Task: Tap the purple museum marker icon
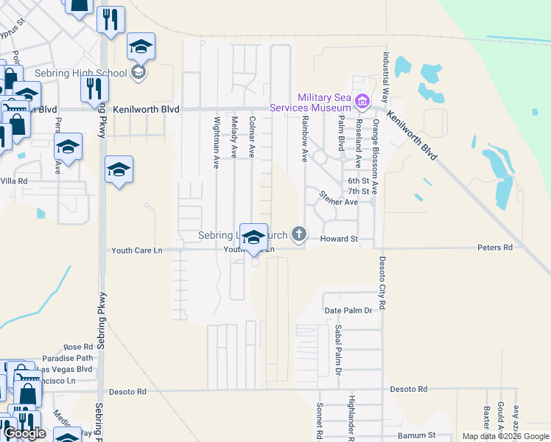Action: pos(362,101)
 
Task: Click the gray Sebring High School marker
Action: pos(138,72)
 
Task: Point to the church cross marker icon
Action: pos(298,234)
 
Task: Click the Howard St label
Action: pos(339,239)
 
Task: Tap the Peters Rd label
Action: pos(494,248)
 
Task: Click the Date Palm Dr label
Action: pos(349,311)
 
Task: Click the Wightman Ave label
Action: pos(217,141)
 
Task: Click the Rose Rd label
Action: pos(78,347)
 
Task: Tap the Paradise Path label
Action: pos(68,358)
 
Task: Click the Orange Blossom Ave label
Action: pos(375,156)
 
